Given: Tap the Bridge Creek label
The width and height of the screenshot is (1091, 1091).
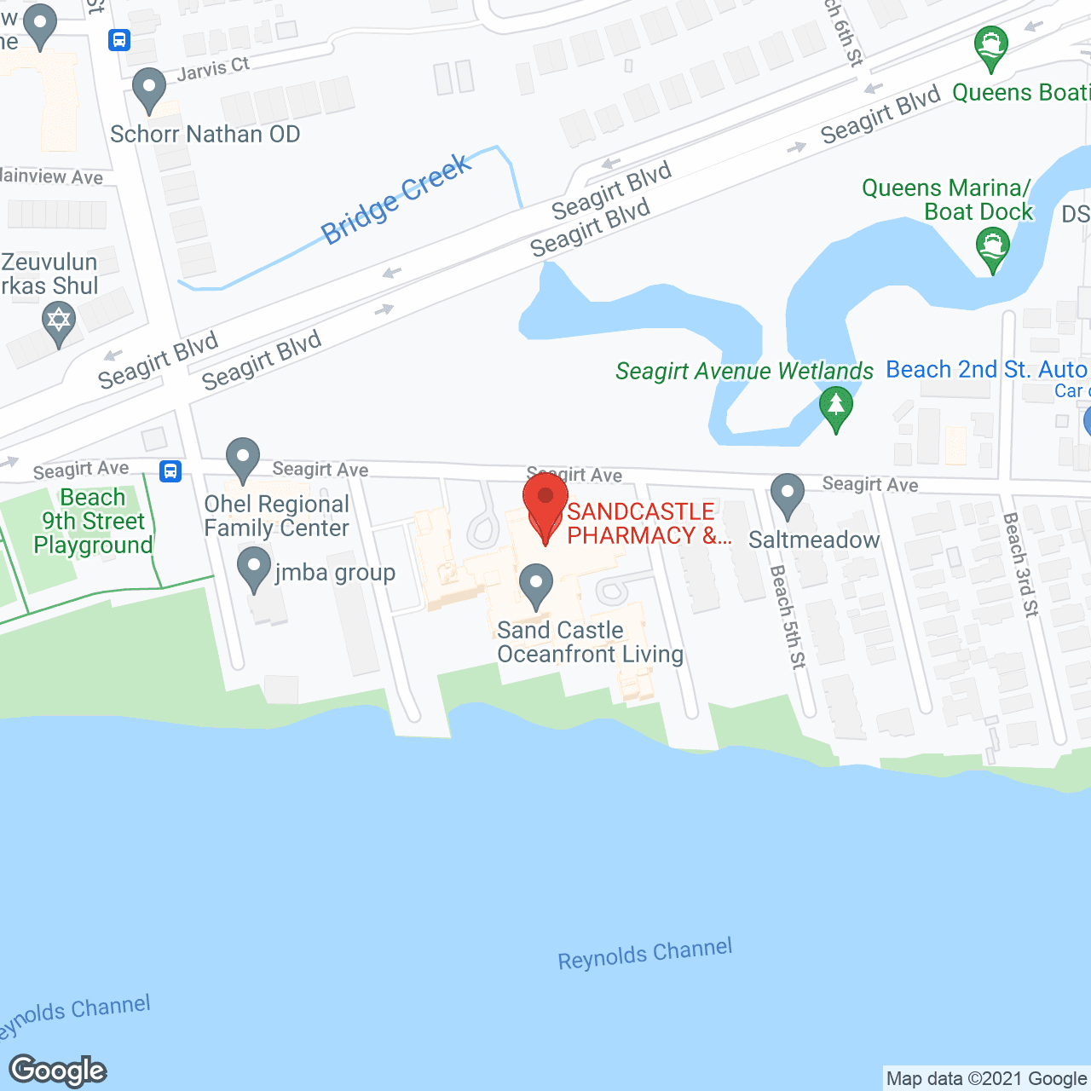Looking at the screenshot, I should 395,199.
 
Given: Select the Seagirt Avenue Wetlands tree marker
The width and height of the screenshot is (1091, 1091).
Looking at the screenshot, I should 836,406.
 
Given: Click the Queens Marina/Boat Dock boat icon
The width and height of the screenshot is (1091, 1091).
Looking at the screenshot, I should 992,248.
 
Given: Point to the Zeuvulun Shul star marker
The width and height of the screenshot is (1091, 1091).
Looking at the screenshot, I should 59,322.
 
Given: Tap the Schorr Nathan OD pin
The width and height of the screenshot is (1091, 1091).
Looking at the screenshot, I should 150,88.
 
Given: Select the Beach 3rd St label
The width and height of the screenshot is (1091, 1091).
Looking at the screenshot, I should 1020,563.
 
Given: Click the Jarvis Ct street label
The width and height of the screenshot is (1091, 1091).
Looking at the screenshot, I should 213,69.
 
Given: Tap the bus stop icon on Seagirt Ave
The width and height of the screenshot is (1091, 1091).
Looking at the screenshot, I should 170,470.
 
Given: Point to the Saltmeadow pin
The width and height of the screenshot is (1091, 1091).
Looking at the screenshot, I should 788,494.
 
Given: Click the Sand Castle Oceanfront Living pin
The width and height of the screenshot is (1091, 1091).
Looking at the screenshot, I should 536,585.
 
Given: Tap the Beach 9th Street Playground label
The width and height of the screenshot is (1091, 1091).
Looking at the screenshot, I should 94,521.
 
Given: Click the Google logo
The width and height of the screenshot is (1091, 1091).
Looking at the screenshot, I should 58,1071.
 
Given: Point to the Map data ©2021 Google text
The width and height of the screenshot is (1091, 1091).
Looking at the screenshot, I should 986,1079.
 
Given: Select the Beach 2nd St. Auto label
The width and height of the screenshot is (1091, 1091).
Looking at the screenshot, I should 986,370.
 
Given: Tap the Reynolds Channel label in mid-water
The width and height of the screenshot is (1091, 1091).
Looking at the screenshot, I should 645,954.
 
